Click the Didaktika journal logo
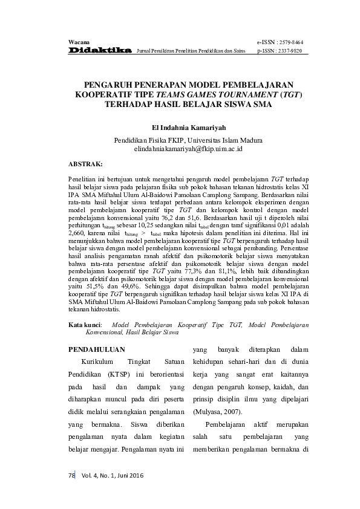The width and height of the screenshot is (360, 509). tap(100, 51)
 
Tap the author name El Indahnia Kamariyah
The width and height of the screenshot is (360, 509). tap(188, 128)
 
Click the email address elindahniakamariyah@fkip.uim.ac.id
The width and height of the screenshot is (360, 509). tap(188, 148)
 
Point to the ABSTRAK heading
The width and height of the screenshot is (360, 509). tap(85, 163)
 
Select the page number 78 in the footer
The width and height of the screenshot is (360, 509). tap(70, 476)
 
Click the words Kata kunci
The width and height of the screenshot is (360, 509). tap(84, 325)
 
